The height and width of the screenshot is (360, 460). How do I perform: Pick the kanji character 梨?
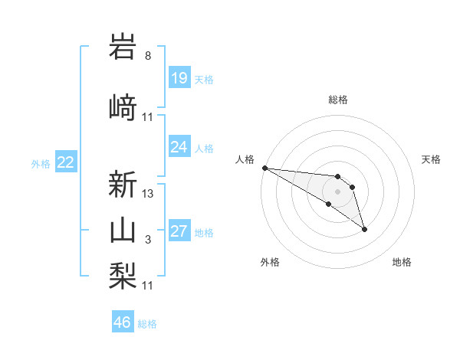123,274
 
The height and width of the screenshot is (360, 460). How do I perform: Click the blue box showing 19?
179,78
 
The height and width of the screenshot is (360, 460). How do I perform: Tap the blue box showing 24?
179,147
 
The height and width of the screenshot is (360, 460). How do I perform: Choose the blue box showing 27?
179,232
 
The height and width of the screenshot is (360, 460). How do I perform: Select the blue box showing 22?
66,162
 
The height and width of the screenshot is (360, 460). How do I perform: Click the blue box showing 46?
123,322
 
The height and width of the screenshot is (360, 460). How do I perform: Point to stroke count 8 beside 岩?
148,56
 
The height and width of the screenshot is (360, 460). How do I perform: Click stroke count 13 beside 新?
148,194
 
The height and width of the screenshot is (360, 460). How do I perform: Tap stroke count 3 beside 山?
148,241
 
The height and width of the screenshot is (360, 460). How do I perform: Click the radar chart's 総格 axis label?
338,100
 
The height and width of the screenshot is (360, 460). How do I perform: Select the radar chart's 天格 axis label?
432,159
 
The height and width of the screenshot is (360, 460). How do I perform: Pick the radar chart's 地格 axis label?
402,262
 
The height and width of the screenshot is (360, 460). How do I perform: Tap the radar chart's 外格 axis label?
270,262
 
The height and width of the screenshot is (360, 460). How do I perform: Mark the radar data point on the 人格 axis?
264,168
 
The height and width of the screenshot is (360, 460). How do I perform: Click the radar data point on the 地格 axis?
364,229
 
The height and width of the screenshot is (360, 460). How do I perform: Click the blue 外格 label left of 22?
41,163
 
